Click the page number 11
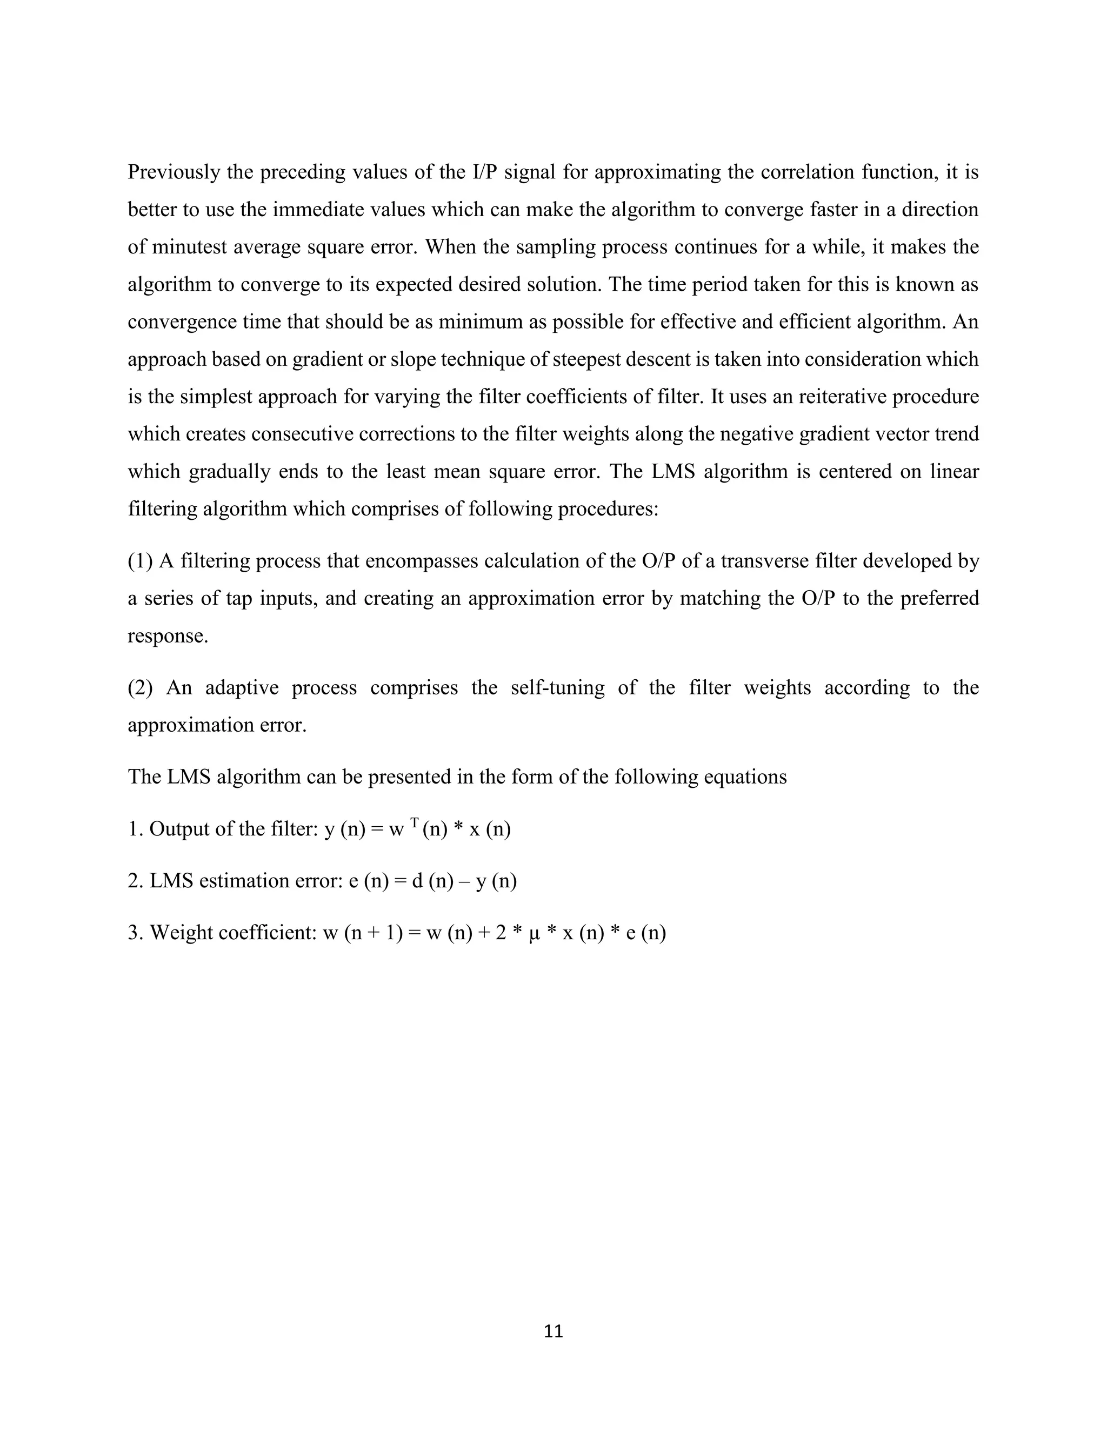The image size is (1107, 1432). point(553,1331)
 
